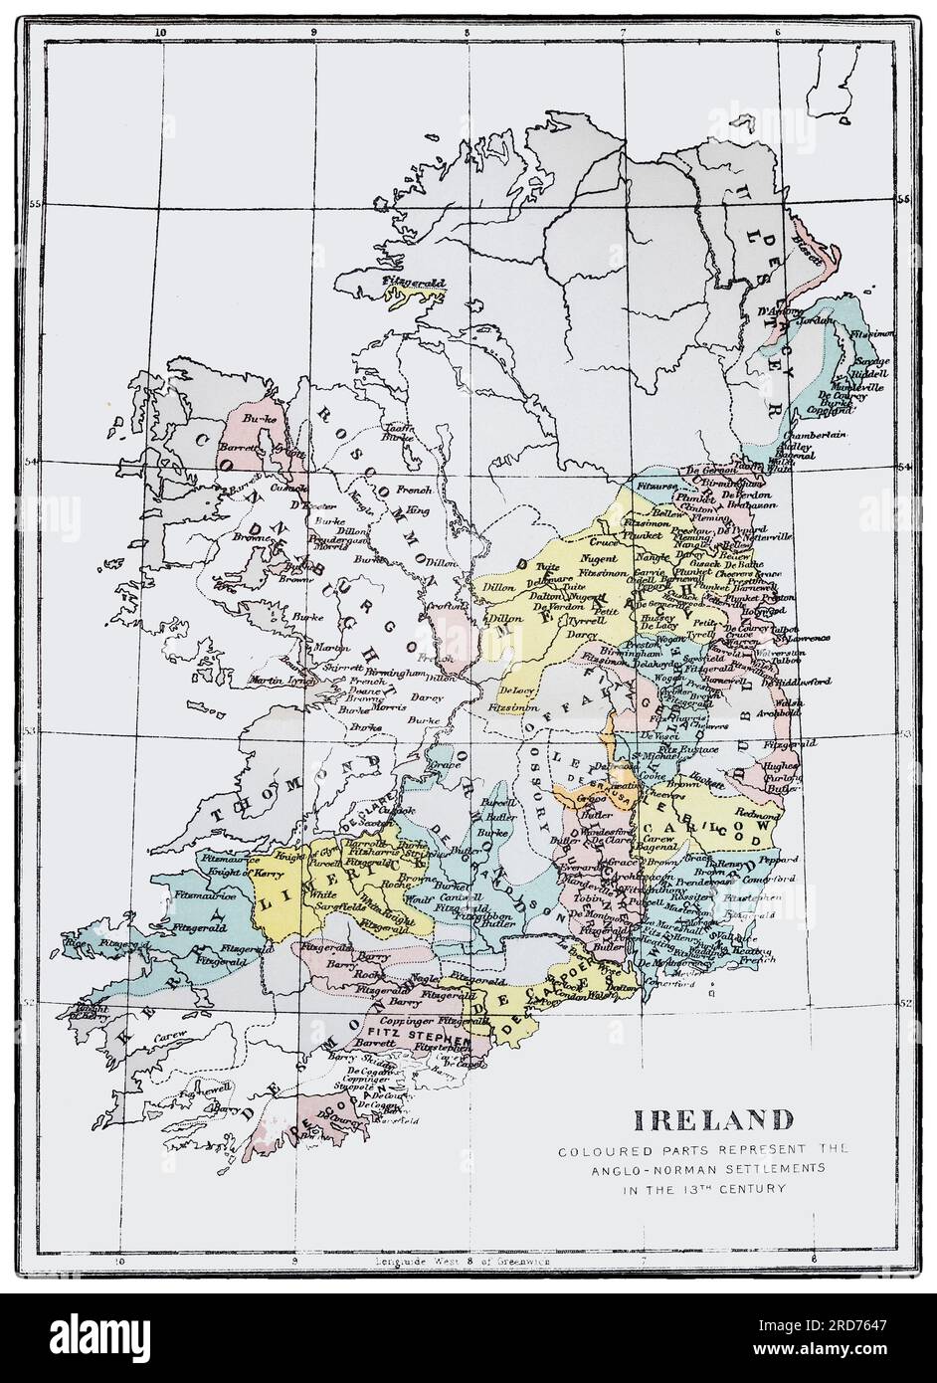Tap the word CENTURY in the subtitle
(x=756, y=1187)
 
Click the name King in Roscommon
(x=420, y=507)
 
